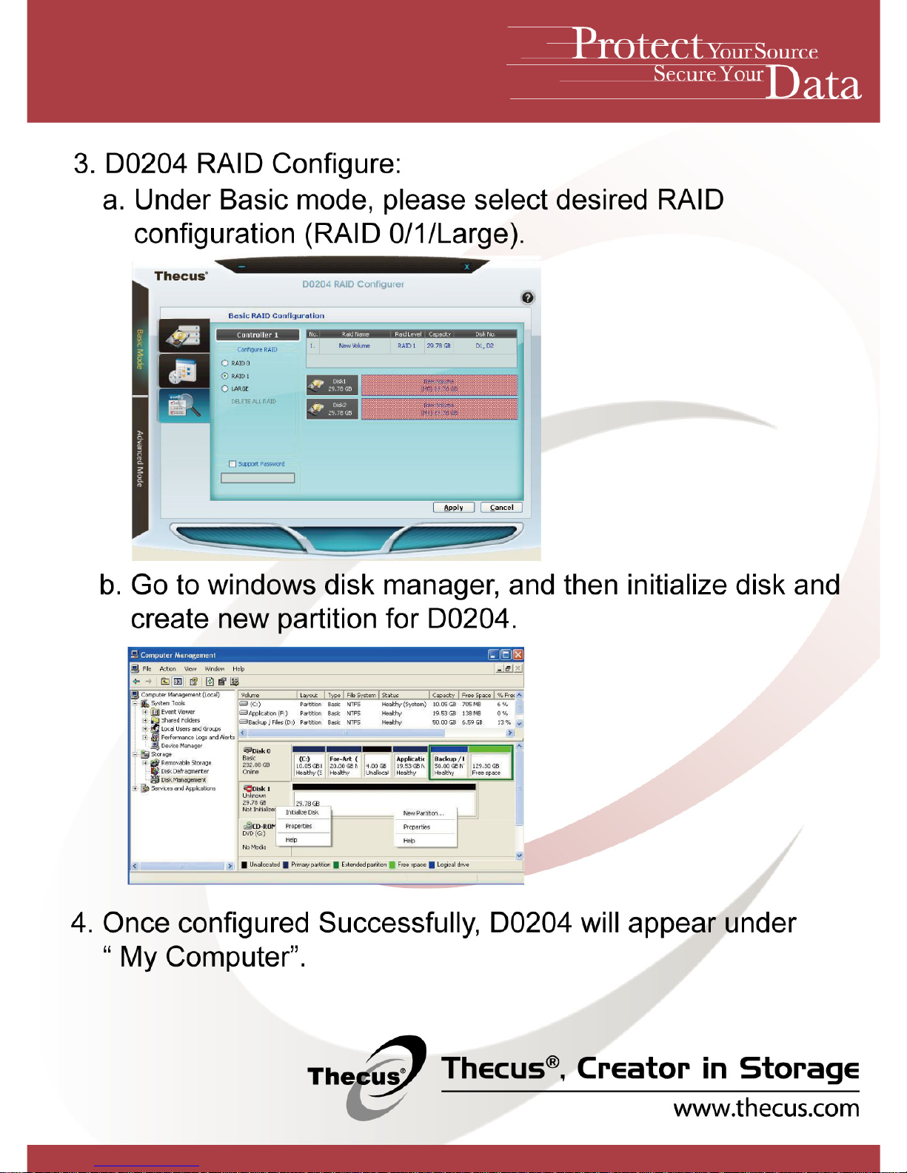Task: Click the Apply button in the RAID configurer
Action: [453, 508]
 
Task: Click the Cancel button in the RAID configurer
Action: [501, 508]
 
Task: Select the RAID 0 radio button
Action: [225, 363]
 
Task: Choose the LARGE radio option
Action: [225, 389]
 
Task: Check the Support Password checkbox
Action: [232, 464]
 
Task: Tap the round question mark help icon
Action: [527, 298]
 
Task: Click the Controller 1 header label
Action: [257, 335]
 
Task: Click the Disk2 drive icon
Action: [317, 409]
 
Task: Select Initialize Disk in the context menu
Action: [302, 813]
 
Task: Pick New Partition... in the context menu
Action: [424, 813]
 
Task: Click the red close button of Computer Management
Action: [518, 655]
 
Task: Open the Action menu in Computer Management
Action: [168, 669]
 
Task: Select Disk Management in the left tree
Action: [183, 780]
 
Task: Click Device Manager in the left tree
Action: [181, 746]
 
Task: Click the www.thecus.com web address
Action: [766, 1109]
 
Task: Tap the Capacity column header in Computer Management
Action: [444, 696]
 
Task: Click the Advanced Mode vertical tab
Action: [140, 458]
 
